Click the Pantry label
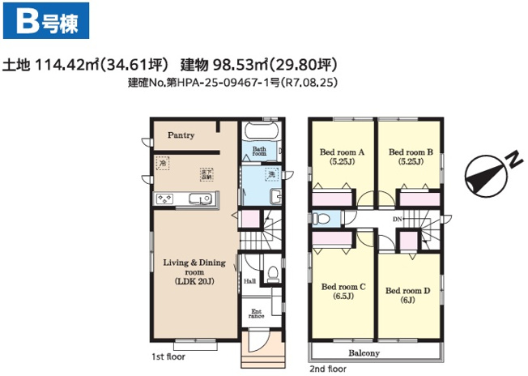click(181, 135)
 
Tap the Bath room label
click(259, 152)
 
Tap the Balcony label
click(364, 353)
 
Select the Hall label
click(249, 281)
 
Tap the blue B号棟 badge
click(46, 22)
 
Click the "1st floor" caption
click(168, 356)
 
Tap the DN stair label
click(398, 220)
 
